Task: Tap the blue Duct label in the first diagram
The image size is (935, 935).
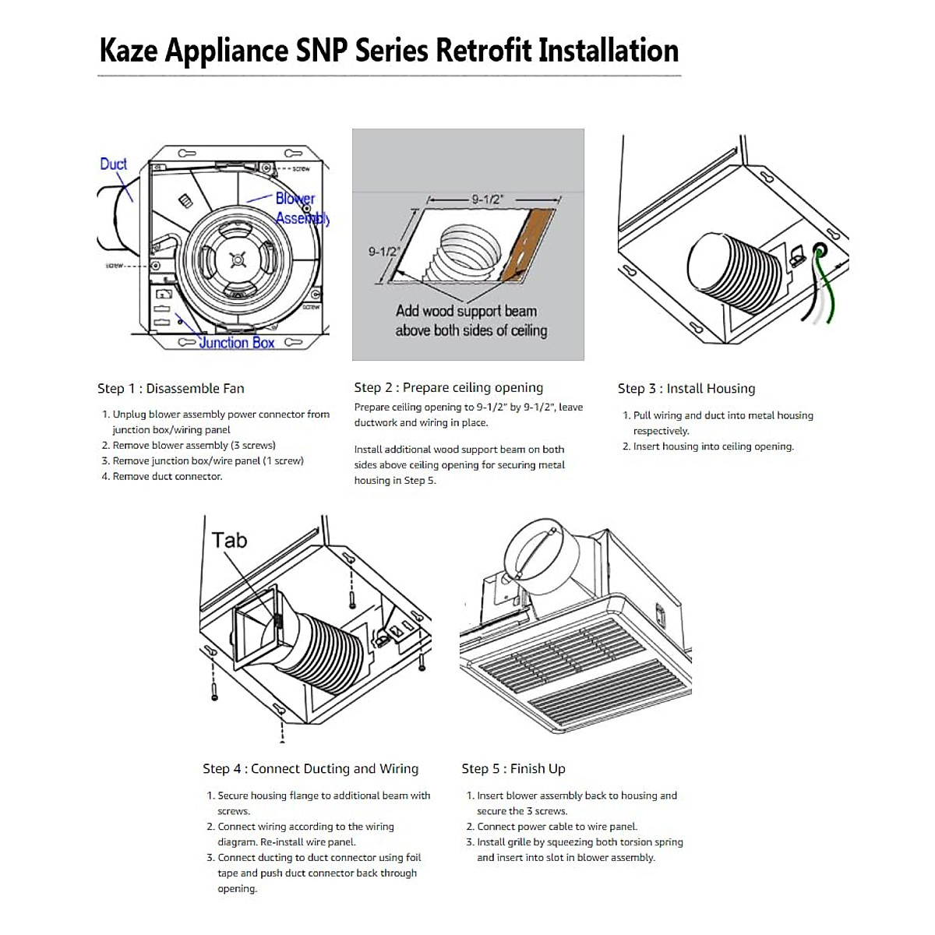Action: point(113,164)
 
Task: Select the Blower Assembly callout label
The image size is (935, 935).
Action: point(301,209)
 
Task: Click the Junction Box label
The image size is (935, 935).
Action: point(236,343)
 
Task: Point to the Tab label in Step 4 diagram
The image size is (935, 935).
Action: point(229,540)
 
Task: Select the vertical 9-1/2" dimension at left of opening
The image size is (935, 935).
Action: point(383,252)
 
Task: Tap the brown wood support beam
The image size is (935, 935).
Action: point(527,245)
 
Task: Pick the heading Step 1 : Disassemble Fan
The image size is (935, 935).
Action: point(171,388)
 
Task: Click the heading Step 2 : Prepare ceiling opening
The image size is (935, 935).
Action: point(448,387)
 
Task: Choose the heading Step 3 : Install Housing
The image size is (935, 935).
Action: point(686,388)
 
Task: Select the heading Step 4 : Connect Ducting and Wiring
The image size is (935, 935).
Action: point(310,768)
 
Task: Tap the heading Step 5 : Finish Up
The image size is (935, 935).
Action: point(513,768)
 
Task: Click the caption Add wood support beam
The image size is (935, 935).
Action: point(466,311)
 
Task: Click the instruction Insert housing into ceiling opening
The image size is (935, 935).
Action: point(713,446)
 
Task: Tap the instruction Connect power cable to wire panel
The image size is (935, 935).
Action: point(556,827)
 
